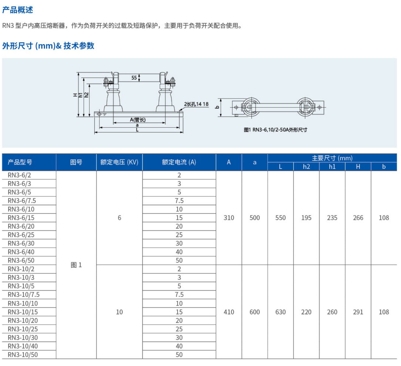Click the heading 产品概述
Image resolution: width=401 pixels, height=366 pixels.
(18, 10)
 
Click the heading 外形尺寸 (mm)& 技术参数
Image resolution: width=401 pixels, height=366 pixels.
(48, 46)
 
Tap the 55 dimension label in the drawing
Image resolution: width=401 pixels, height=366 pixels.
(134, 78)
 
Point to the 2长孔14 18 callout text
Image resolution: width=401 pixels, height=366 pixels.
(196, 104)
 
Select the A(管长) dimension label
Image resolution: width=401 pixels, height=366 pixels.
(138, 120)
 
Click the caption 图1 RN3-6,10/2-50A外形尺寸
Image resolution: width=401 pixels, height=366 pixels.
(275, 130)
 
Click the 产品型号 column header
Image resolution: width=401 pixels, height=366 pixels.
(20, 162)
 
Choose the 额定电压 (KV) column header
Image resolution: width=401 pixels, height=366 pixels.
(119, 162)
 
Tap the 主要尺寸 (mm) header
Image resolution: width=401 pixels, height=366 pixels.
(332, 158)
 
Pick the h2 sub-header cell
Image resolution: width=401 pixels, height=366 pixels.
(306, 166)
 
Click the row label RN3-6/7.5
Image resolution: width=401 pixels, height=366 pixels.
(22, 201)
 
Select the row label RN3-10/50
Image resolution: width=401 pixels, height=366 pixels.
(23, 355)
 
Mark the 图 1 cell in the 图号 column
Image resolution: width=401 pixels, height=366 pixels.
(76, 265)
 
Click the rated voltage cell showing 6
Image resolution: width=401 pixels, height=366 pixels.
(119, 218)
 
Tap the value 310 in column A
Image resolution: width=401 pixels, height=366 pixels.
(229, 218)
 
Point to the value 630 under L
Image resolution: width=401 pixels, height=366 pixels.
(280, 312)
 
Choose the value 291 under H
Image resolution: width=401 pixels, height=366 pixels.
(358, 312)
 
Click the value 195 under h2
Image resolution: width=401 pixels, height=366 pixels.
(306, 218)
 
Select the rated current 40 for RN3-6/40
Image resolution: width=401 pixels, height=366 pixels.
(179, 252)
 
